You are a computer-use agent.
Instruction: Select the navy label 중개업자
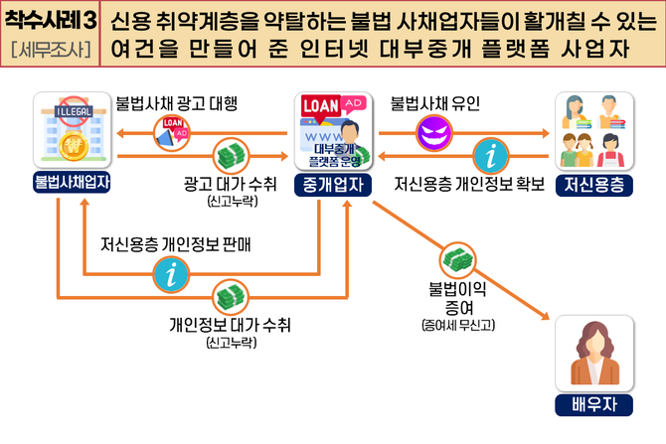332,183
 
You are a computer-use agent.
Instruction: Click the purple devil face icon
432,130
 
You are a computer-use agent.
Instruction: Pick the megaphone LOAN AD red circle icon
172,130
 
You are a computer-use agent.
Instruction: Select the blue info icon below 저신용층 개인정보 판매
172,272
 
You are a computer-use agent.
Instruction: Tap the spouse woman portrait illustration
594,355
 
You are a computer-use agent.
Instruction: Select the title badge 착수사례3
49,21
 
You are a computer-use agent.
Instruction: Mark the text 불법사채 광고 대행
177,102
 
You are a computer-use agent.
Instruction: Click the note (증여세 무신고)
460,324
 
